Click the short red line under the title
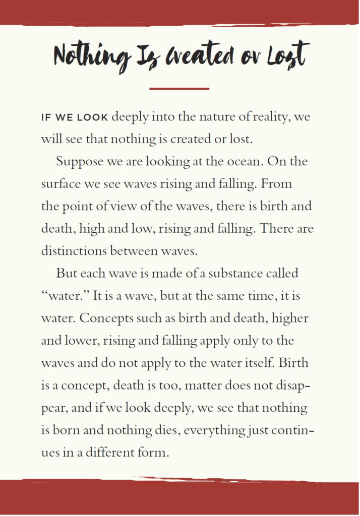[179, 89]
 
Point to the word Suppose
[79, 162]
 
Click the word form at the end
[153, 453]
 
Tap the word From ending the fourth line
[276, 184]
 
